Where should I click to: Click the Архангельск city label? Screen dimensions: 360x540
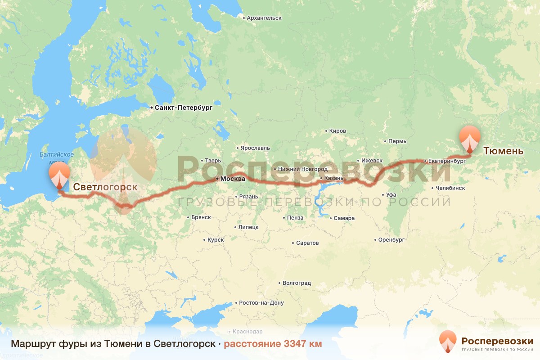click(264, 18)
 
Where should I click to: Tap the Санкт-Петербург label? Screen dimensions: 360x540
click(183, 108)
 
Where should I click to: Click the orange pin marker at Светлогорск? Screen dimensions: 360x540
click(59, 175)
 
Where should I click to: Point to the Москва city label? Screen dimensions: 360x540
click(232, 179)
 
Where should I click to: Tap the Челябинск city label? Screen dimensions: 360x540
click(450, 188)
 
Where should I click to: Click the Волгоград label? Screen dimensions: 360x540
click(297, 283)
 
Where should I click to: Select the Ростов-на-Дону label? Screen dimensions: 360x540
click(261, 303)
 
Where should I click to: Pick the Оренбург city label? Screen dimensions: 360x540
click(391, 240)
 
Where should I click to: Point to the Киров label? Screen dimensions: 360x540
click(337, 131)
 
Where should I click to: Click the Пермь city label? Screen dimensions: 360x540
click(397, 141)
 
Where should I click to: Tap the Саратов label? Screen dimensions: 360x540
click(307, 243)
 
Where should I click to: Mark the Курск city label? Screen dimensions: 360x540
click(216, 240)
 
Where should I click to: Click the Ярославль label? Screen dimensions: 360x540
click(255, 148)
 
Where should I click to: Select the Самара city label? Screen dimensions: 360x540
click(344, 218)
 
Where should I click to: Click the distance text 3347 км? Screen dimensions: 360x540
click(303, 344)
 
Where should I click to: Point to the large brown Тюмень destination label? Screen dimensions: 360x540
click(503, 151)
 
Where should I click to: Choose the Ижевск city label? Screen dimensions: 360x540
click(371, 161)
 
